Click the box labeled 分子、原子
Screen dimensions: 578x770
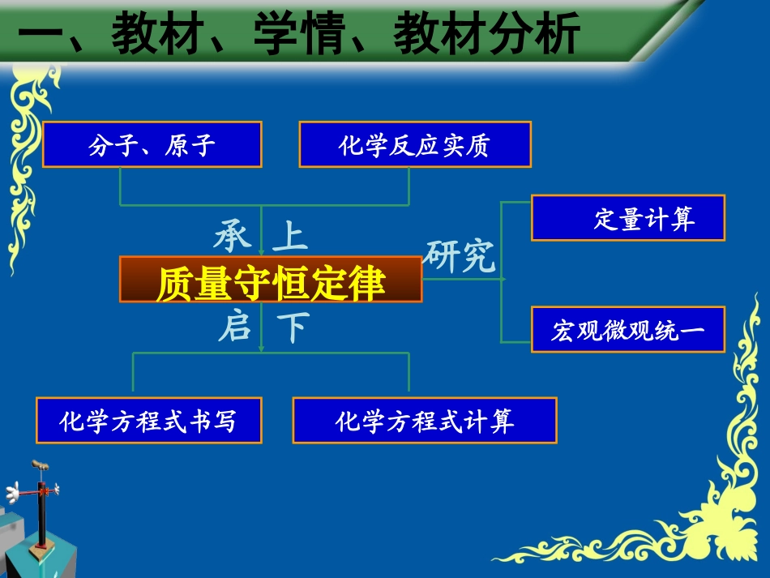152,145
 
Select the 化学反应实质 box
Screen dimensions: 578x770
415,145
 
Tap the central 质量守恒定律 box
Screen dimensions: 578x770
271,280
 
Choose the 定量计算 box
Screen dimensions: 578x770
628,218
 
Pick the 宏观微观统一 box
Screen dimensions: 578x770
628,329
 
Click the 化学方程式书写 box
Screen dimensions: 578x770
149,420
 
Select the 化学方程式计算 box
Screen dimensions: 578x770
425,420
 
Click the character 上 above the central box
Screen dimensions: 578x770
290,236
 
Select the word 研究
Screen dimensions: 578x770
460,257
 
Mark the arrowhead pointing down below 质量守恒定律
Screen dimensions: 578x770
261,349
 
